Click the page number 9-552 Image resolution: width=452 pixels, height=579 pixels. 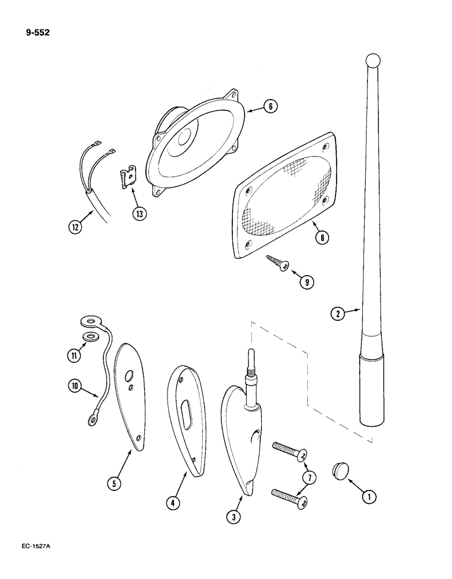click(37, 32)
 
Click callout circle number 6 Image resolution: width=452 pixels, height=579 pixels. click(269, 107)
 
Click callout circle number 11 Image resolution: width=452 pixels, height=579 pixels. click(74, 355)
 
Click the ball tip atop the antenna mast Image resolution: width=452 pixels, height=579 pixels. click(373, 60)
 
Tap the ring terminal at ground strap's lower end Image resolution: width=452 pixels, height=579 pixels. click(91, 415)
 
